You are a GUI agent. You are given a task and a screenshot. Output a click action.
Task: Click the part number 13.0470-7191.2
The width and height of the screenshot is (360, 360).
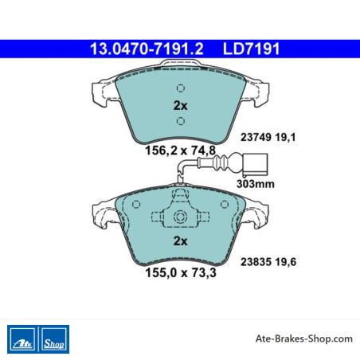click(147, 49)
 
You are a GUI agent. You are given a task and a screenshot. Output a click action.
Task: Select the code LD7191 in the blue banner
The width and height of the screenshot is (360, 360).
click(251, 49)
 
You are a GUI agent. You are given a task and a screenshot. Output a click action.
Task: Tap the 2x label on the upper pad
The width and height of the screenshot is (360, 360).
click(180, 106)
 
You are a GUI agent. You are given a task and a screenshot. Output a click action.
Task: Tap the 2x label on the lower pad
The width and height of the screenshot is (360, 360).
click(180, 241)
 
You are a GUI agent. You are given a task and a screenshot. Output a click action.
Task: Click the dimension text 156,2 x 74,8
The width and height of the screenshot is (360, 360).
click(180, 151)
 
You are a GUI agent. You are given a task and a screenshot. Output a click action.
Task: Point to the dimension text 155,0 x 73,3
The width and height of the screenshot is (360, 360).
click(181, 272)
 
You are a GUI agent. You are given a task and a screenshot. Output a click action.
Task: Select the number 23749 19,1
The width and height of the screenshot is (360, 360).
click(268, 137)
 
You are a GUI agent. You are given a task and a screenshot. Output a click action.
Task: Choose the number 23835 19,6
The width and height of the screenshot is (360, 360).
click(268, 262)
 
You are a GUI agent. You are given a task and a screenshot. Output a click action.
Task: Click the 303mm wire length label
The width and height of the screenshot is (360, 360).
click(256, 184)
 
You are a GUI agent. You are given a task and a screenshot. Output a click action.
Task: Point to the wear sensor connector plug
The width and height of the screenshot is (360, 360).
click(254, 164)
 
